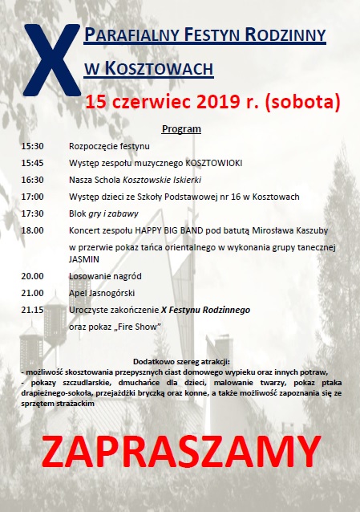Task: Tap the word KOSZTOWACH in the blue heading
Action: pos(157,69)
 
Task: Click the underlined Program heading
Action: pos(181,129)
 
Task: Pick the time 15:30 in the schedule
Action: pos(33,147)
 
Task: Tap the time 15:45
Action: pos(33,163)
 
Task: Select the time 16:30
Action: pos(33,180)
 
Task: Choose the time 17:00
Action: pos(33,197)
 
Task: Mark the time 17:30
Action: pos(33,213)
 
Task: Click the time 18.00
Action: pos(33,230)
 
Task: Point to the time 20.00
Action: pos(33,276)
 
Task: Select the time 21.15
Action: pos(33,309)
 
